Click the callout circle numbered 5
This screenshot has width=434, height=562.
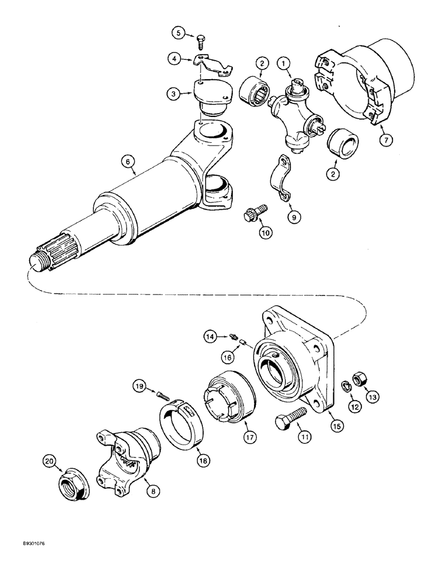178,33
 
